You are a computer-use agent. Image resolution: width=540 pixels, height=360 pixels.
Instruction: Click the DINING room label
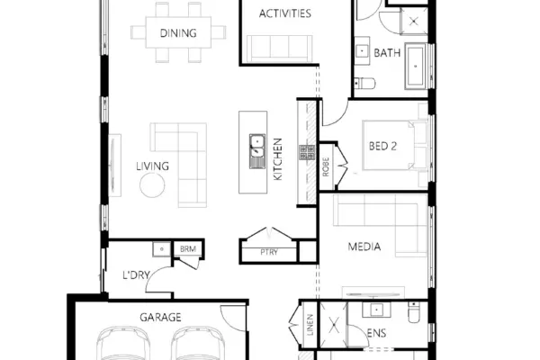pyautogui.click(x=178, y=33)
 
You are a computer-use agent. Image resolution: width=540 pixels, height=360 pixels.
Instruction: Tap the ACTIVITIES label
pyautogui.click(x=284, y=13)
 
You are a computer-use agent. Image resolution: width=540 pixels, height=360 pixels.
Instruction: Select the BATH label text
pyautogui.click(x=387, y=53)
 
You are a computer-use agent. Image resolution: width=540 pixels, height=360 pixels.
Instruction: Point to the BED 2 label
pyautogui.click(x=382, y=146)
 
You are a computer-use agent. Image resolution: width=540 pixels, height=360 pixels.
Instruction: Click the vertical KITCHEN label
pyautogui.click(x=277, y=158)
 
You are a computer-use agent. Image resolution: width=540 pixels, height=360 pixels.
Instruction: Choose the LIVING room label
pyautogui.click(x=153, y=166)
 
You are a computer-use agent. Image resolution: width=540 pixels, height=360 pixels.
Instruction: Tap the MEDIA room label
pyautogui.click(x=364, y=247)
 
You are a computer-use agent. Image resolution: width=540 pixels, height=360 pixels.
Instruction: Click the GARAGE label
pyautogui.click(x=160, y=318)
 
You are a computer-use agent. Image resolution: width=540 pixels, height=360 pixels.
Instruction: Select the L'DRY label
pyautogui.click(x=137, y=275)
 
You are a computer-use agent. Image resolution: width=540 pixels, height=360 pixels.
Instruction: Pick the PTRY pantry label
pyautogui.click(x=269, y=252)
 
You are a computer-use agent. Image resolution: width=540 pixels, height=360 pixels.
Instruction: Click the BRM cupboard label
pyautogui.click(x=188, y=248)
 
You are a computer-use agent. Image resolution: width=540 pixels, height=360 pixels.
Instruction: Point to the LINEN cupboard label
pyautogui.click(x=310, y=325)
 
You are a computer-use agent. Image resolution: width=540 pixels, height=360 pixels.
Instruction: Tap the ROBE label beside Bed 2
pyautogui.click(x=326, y=166)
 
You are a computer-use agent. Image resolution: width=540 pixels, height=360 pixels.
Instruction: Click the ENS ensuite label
pyautogui.click(x=376, y=333)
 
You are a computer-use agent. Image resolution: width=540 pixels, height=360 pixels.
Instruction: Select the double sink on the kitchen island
pyautogui.click(x=257, y=151)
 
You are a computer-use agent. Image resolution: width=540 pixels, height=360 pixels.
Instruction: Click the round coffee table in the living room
pyautogui.click(x=152, y=185)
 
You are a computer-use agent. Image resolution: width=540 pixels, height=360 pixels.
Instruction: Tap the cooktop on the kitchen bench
pyautogui.click(x=307, y=152)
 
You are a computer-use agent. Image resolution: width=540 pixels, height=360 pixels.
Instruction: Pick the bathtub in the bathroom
pyautogui.click(x=416, y=66)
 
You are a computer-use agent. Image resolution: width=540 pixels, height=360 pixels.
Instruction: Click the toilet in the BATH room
pyautogui.click(x=364, y=84)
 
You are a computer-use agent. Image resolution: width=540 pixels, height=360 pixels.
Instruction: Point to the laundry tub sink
pyautogui.click(x=161, y=249)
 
